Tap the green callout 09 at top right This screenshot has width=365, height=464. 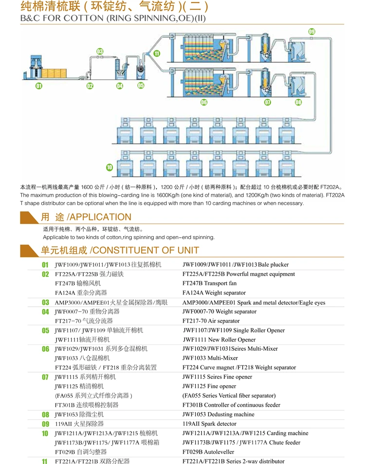[311, 32]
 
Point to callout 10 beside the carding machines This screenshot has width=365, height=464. [109, 167]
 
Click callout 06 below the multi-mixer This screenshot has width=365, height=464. [204, 103]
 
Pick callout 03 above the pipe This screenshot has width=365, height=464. [99, 51]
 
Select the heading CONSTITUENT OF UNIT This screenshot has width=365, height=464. [145, 250]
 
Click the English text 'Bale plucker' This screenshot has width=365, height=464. [274, 265]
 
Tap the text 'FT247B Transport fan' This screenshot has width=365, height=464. [209, 283]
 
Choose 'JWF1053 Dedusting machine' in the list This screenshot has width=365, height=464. [218, 414]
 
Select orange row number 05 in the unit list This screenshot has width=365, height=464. [45, 331]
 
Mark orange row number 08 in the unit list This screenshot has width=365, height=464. [45, 415]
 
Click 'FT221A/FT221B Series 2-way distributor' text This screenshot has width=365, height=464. [233, 461]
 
